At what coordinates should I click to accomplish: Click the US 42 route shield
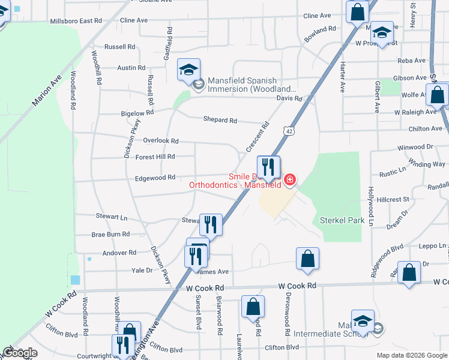pyautogui.click(x=290, y=131)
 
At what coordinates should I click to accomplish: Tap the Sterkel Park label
pyautogui.click(x=342, y=220)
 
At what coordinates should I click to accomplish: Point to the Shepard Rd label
pyautogui.click(x=220, y=120)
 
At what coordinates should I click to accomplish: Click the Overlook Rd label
pyautogui.click(x=161, y=141)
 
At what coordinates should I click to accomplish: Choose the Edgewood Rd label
pyautogui.click(x=155, y=178)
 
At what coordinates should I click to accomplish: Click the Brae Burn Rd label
pyautogui.click(x=110, y=235)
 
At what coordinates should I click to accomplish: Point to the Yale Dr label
pyautogui.click(x=142, y=271)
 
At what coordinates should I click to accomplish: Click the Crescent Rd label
pyautogui.click(x=258, y=137)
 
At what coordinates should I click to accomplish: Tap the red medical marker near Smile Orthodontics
pyautogui.click(x=290, y=179)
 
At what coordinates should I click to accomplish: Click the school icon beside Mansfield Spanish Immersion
pyautogui.click(x=188, y=70)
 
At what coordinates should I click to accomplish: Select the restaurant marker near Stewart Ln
pyautogui.click(x=211, y=224)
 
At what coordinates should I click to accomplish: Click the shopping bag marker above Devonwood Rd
pyautogui.click(x=307, y=259)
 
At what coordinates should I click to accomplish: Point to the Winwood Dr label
pyautogui.click(x=415, y=147)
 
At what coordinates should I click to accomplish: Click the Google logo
pyautogui.click(x=20, y=353)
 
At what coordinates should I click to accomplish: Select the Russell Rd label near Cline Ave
pyautogui.click(x=119, y=47)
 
